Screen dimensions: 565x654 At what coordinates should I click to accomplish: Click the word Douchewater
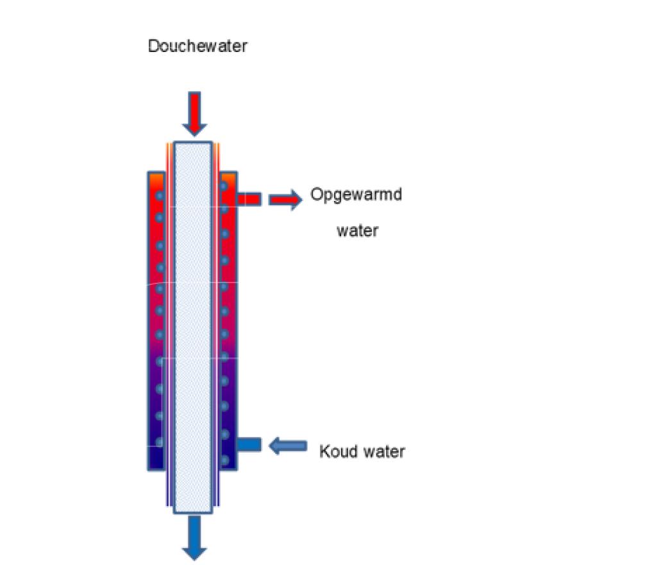[x=197, y=47]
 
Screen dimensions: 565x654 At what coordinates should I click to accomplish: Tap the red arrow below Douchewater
[x=194, y=113]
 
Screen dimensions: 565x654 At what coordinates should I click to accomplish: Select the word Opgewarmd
[x=356, y=194]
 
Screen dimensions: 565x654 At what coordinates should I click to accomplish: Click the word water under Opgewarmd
[x=357, y=230]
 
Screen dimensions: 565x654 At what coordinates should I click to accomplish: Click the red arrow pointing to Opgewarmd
[x=285, y=200]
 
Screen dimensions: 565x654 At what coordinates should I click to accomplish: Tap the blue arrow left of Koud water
[x=288, y=446]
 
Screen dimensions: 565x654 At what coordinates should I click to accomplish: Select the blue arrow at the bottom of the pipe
[x=194, y=537]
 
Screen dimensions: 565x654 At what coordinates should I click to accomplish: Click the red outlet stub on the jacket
[x=249, y=199]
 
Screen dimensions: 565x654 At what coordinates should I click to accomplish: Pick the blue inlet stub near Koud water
[x=249, y=444]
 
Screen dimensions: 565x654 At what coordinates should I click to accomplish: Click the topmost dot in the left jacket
[x=159, y=195]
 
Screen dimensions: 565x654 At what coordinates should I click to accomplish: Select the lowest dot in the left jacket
[x=159, y=442]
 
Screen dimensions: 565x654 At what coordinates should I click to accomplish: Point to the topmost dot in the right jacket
[x=224, y=186]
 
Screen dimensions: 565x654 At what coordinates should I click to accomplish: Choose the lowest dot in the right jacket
[x=224, y=460]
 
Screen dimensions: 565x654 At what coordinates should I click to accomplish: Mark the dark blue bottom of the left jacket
[x=156, y=459]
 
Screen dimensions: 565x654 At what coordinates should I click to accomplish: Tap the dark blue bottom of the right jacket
[x=228, y=467]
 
